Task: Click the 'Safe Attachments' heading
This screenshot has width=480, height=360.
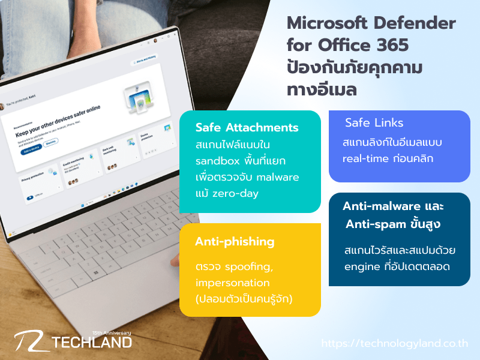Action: click(x=247, y=128)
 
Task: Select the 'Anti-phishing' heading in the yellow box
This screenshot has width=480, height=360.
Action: click(x=235, y=241)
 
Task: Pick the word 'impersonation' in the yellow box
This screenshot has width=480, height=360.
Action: click(x=233, y=282)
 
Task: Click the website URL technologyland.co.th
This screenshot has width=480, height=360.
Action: click(x=395, y=344)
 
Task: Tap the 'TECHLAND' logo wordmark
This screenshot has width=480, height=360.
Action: click(x=92, y=343)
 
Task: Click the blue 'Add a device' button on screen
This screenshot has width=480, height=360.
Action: click(x=30, y=151)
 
